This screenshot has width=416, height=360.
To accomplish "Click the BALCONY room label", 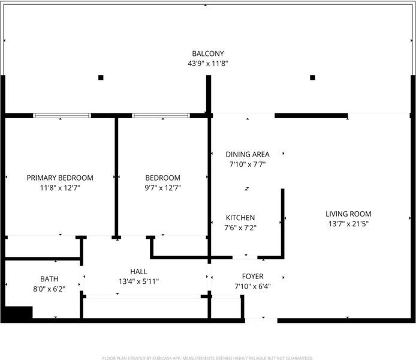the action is [x=208, y=53].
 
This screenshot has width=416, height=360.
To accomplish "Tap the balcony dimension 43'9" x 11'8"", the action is [x=208, y=64].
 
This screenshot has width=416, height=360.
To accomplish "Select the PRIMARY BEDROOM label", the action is [x=60, y=178].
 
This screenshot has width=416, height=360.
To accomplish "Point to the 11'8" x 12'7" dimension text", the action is [x=60, y=188].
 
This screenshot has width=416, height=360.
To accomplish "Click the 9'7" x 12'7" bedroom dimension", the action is [x=162, y=188].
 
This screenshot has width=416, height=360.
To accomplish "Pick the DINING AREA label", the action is [x=248, y=154].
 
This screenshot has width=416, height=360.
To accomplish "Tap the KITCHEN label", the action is [x=240, y=218].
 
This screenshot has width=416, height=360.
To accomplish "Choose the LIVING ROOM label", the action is [x=348, y=214].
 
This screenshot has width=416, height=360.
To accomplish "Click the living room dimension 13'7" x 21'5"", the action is [x=348, y=224].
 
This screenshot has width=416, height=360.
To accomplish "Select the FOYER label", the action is [x=252, y=277].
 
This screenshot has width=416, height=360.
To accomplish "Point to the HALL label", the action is [x=138, y=272].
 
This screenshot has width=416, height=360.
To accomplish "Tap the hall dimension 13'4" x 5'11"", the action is [x=138, y=281].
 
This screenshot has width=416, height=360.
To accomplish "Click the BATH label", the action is [x=49, y=279].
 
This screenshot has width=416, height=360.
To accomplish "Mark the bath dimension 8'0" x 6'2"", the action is [x=49, y=289].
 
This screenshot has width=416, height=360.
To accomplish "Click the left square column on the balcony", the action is [x=101, y=77].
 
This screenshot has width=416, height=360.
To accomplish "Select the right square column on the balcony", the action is [x=312, y=77].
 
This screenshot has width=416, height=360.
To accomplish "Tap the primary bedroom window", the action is [x=62, y=115].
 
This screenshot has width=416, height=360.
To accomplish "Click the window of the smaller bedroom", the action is [x=161, y=115].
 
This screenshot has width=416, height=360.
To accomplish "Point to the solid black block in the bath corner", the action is [x=19, y=313].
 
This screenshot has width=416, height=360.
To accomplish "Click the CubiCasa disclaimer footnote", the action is [x=208, y=358].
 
